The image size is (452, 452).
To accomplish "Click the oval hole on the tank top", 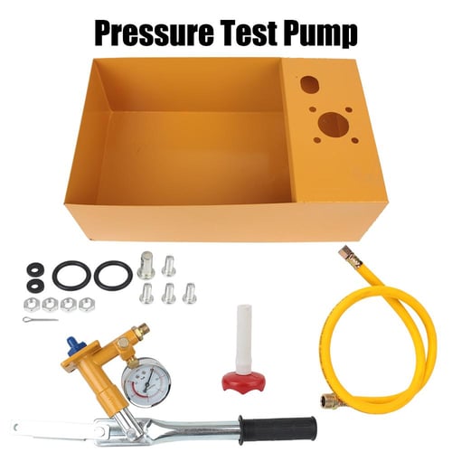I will point(309,84).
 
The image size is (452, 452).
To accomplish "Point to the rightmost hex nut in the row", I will point(87,304).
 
